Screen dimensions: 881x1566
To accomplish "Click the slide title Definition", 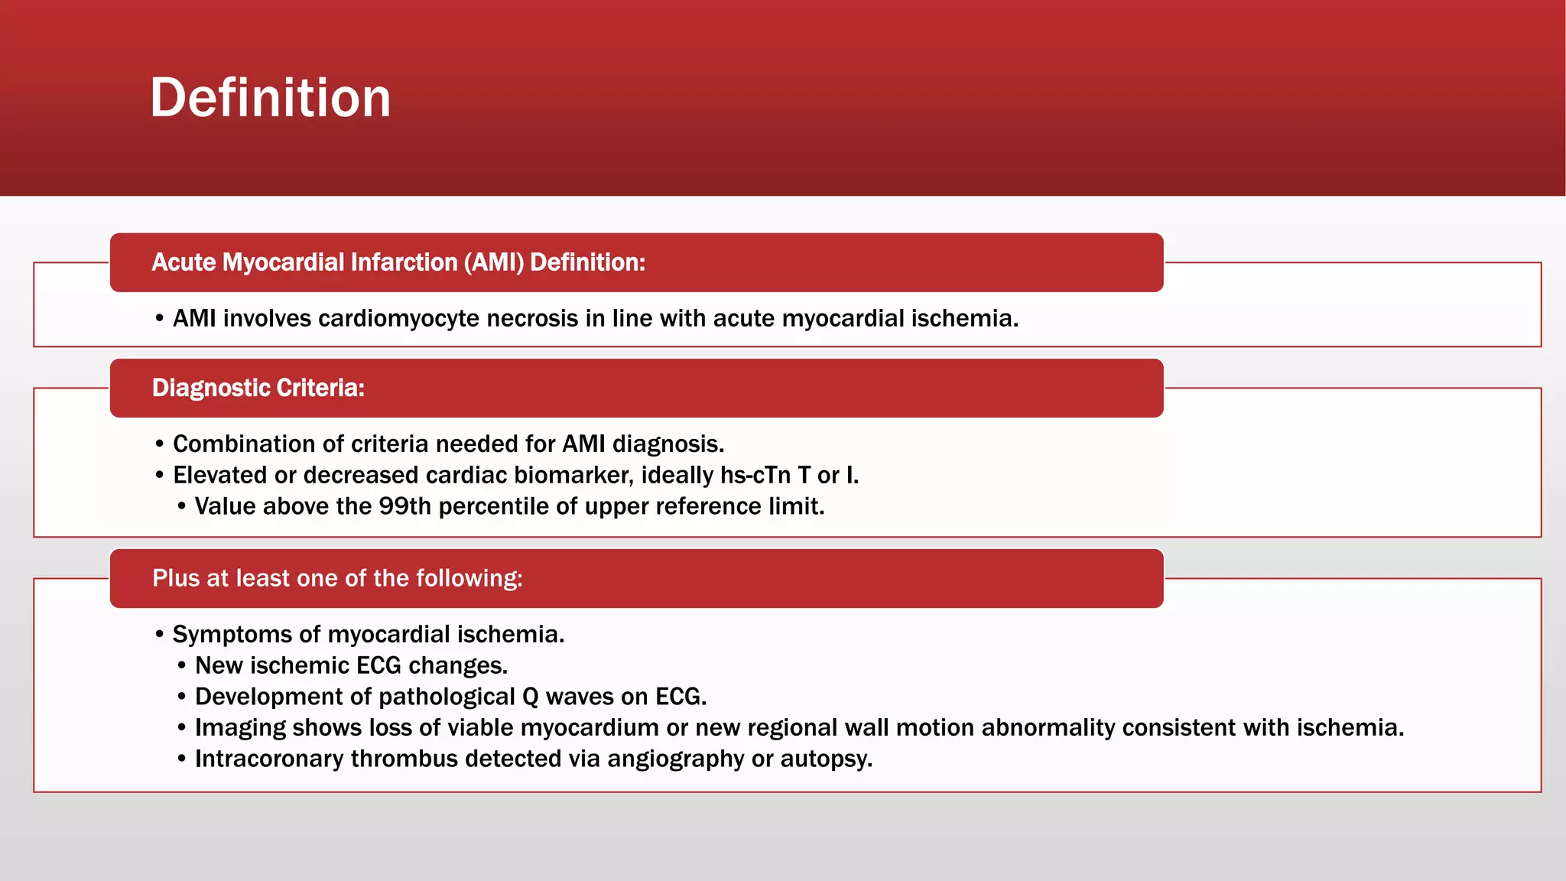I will click(270, 98).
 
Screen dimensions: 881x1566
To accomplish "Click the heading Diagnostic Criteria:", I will click(258, 388).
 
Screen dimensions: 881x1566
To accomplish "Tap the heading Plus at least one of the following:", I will click(337, 578).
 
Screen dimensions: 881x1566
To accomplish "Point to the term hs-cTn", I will click(755, 475).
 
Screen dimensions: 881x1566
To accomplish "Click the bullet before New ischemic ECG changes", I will click(181, 666).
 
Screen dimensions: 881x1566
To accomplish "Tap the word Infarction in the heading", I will click(404, 262).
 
